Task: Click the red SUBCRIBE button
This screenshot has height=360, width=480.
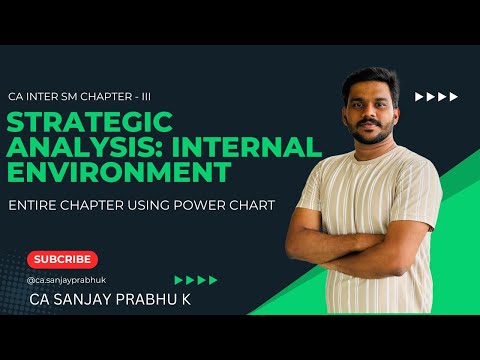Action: tap(62, 259)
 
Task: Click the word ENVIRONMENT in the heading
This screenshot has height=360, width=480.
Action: tap(141, 172)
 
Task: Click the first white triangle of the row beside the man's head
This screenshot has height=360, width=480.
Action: tap(418, 97)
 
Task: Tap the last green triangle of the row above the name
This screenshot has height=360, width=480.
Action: tap(212, 280)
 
